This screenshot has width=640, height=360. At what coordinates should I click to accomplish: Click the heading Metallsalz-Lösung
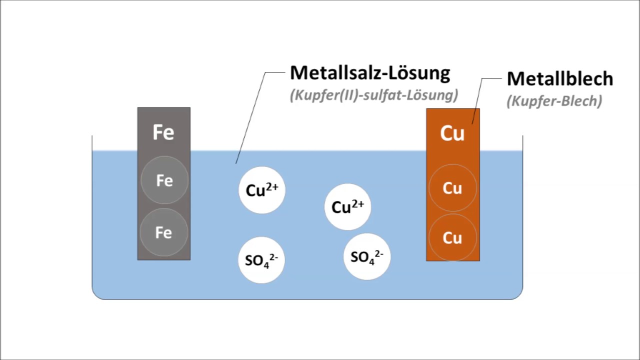point(370,73)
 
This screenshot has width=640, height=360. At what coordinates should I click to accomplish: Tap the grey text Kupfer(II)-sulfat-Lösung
point(374,95)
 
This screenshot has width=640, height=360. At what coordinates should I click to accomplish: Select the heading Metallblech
point(560,79)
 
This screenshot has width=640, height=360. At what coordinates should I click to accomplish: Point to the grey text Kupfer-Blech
point(554,101)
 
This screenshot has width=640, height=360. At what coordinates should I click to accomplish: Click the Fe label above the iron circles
point(163,132)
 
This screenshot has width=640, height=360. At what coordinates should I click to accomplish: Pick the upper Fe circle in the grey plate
point(164,180)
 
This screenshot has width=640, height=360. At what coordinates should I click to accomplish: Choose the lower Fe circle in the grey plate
point(164,232)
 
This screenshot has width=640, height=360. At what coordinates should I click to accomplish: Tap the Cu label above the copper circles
point(452,133)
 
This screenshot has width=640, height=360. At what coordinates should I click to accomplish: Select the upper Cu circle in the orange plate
point(453,188)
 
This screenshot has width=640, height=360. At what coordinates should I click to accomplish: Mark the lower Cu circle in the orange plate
point(453,237)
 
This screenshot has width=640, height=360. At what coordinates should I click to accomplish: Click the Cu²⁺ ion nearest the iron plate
point(262,190)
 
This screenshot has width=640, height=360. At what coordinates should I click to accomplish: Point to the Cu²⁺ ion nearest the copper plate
point(347,207)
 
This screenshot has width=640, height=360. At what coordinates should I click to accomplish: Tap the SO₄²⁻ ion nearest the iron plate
point(261,260)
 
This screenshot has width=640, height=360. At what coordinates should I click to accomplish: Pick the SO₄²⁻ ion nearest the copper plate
point(367,256)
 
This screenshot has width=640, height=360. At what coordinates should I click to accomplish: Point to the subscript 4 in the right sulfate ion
point(371,261)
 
